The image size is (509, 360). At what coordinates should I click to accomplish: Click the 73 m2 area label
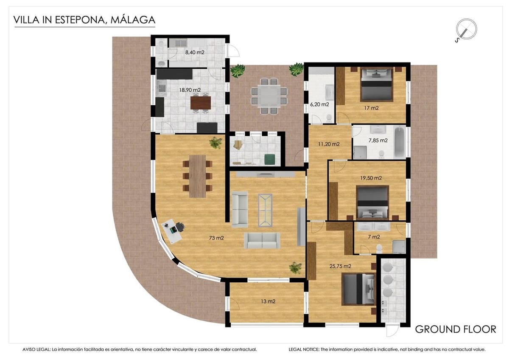point(217,238)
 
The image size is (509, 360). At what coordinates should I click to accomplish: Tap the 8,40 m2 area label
point(194,53)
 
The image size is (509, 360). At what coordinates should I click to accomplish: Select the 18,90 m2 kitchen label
point(190,90)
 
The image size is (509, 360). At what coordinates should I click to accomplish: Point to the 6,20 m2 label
point(320,104)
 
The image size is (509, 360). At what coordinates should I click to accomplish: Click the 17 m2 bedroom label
point(371,108)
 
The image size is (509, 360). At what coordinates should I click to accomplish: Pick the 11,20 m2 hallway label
point(329,144)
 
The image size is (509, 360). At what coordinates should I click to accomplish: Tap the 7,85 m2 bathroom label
point(378,140)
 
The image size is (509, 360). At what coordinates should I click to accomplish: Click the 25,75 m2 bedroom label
point(341,267)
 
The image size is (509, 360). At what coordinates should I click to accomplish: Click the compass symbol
point(466,30)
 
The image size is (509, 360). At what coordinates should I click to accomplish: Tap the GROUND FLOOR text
point(455,329)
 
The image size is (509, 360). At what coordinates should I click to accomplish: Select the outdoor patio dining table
point(269,96)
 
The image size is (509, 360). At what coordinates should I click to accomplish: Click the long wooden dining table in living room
point(197,176)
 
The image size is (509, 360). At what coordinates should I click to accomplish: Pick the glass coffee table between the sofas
point(265,211)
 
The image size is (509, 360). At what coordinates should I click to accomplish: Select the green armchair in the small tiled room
point(269,159)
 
